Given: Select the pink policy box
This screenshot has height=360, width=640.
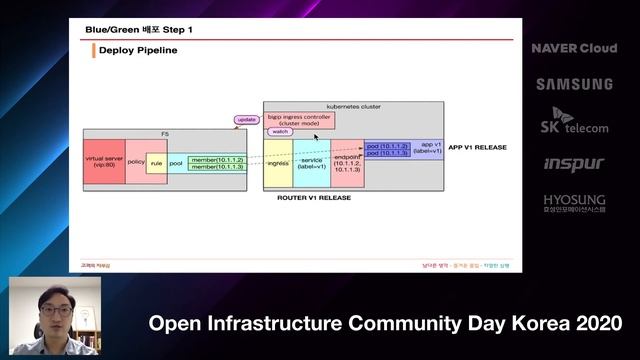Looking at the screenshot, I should click(x=136, y=160).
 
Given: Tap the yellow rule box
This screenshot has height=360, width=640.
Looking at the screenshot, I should click(x=156, y=162).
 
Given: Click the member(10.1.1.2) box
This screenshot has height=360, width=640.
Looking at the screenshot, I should click(x=217, y=158).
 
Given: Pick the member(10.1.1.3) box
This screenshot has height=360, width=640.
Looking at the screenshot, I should click(x=217, y=167).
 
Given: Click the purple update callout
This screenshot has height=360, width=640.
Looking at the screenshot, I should click(x=246, y=120).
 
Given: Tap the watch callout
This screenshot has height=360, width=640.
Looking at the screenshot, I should click(x=280, y=132).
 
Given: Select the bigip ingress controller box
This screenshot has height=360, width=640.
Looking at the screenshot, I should click(x=299, y=119).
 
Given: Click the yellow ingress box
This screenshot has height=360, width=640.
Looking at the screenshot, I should click(x=277, y=163).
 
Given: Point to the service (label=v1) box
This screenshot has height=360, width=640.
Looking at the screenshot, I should click(x=311, y=163).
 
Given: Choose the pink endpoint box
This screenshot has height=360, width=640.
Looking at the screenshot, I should click(x=347, y=163).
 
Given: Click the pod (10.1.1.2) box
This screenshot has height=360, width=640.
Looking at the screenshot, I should click(x=388, y=147).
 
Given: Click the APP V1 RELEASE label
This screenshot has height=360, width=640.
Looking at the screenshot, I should click(x=478, y=147).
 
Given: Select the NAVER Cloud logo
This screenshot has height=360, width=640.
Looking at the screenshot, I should click(x=574, y=48).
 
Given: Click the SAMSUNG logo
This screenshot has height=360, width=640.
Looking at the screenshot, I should click(x=574, y=84).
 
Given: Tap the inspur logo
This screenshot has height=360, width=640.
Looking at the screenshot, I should click(x=574, y=163).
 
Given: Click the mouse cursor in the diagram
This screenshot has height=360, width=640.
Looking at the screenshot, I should click(x=316, y=136).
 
